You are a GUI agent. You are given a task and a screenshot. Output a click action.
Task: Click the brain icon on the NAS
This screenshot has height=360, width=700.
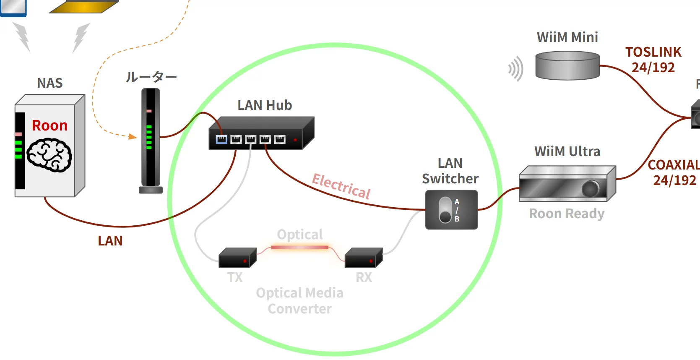click(x=49, y=155)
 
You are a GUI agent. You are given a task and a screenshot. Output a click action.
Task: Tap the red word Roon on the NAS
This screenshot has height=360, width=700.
click(x=49, y=125)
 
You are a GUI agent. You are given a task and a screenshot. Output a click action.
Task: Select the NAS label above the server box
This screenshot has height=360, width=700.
click(x=49, y=83)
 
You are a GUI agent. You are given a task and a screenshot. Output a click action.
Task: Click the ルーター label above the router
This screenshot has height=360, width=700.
click(x=151, y=77)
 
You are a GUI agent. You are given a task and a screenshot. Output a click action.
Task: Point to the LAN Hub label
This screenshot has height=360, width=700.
click(x=265, y=105)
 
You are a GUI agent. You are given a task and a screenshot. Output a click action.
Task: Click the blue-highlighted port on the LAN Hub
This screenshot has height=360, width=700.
click(x=221, y=139)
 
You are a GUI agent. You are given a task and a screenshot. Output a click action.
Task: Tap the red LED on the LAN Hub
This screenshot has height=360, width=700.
click(x=295, y=140)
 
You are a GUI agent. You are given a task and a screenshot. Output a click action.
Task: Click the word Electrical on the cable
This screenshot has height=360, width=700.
click(x=341, y=185)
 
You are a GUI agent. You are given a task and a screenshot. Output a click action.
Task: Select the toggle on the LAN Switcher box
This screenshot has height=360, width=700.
click(x=445, y=210)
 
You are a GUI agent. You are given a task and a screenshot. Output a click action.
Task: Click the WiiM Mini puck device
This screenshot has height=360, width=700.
click(x=567, y=65)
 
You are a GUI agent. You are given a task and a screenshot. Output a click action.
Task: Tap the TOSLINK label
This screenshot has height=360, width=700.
click(x=653, y=52)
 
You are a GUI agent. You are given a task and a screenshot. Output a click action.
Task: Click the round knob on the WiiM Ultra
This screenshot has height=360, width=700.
click(x=591, y=189)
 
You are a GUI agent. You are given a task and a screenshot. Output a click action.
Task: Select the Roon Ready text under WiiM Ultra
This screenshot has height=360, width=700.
click(x=567, y=214)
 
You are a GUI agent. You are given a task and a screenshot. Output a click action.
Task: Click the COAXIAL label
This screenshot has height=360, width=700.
click(x=673, y=165)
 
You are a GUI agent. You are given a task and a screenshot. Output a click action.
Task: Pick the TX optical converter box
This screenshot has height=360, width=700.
click(x=237, y=258)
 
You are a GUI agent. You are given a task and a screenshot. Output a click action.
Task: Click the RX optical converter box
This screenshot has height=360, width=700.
click(x=363, y=258)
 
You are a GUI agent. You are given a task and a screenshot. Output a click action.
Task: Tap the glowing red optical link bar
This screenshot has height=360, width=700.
click(x=299, y=248)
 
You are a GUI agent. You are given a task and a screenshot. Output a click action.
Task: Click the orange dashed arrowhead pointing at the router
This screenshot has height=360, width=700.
click(x=133, y=136)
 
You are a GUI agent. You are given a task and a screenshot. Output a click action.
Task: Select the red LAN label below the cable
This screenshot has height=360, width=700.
click(x=110, y=241)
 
